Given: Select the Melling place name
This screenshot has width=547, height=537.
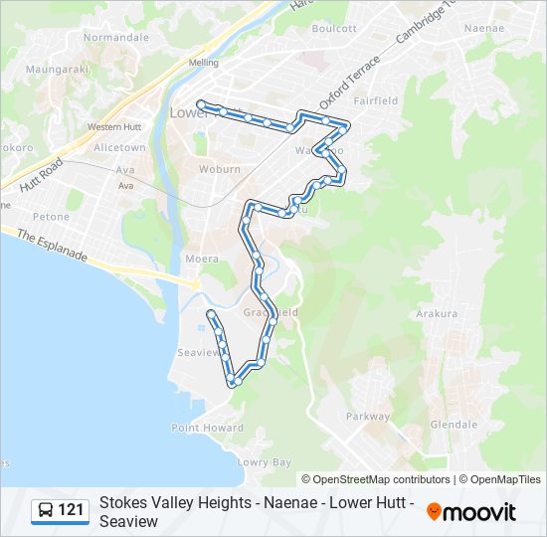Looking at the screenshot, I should pyautogui.click(x=203, y=63).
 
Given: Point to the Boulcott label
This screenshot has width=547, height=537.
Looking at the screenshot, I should pyautogui.click(x=333, y=29).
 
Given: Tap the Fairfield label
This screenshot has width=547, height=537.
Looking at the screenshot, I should pyautogui.click(x=375, y=100).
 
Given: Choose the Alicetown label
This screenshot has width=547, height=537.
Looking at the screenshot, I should pyautogui.click(x=119, y=147).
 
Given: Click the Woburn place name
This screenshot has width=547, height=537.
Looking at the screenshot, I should pyautogui.click(x=220, y=169).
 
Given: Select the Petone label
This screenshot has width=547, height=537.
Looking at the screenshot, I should pyautogui.click(x=52, y=216).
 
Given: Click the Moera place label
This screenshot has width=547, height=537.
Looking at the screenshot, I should pyautogui.click(x=201, y=259).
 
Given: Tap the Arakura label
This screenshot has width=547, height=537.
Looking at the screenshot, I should pyautogui.click(x=437, y=313).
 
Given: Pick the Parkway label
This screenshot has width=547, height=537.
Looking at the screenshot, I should pyautogui.click(x=368, y=417).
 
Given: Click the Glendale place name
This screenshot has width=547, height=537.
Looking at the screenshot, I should pyautogui.click(x=454, y=424).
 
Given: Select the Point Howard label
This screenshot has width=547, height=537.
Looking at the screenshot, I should pyautogui.click(x=207, y=428).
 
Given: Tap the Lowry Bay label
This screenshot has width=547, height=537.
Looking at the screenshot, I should pyautogui.click(x=265, y=462).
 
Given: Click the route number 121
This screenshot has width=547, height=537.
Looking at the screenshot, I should pyautogui.click(x=71, y=510).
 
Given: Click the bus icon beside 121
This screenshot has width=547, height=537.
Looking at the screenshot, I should pyautogui.click(x=46, y=510).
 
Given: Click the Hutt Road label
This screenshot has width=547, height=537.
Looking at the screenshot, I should pyautogui.click(x=42, y=174).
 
